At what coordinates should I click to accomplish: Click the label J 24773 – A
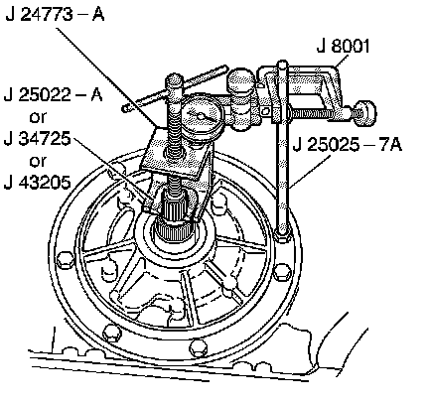coord(55,14)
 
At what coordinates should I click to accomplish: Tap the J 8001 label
coord(343,46)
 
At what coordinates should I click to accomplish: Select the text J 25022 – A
coord(53,94)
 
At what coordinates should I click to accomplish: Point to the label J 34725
coord(38,138)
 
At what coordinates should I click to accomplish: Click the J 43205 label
coord(38,182)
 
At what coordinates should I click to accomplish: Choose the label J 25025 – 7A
coord(348,145)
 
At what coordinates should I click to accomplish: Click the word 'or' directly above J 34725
coord(38,117)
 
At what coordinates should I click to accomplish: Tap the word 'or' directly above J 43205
coord(38,161)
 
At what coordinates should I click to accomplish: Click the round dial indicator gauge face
coord(200,115)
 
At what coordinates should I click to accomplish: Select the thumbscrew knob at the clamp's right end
coord(365,113)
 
